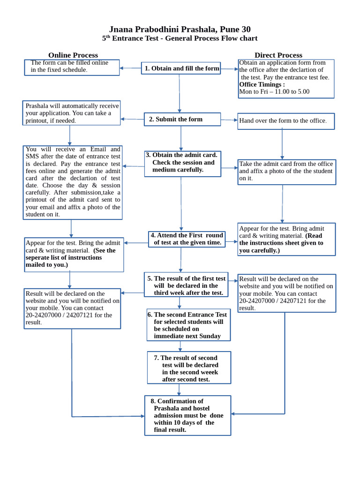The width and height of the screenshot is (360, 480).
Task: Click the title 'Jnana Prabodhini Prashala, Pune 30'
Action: [x=180, y=30]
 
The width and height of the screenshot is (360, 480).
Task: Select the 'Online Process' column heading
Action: [x=73, y=55]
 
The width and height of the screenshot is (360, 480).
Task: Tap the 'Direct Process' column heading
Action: [x=278, y=55]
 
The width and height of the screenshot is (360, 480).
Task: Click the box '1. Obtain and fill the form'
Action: [x=181, y=68]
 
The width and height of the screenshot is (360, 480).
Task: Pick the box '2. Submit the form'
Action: [x=182, y=120]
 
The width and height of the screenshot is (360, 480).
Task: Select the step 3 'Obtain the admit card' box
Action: [x=182, y=163]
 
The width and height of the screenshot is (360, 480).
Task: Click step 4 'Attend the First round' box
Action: [x=186, y=239]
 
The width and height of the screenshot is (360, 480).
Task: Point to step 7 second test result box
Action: [x=189, y=368]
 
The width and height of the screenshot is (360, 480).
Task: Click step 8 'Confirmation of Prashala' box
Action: [x=187, y=415]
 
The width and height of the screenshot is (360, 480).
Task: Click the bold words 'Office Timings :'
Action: [x=262, y=84]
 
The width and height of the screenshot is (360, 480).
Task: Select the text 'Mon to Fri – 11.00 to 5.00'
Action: [x=274, y=92]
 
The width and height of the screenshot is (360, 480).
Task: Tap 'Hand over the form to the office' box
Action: [x=286, y=121]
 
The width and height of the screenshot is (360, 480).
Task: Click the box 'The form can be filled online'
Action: [x=72, y=67]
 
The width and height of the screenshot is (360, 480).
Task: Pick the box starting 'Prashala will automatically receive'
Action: [x=72, y=113]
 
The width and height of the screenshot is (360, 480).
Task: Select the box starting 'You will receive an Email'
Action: [x=73, y=182]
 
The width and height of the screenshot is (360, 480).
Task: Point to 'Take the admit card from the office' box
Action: [x=286, y=172]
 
